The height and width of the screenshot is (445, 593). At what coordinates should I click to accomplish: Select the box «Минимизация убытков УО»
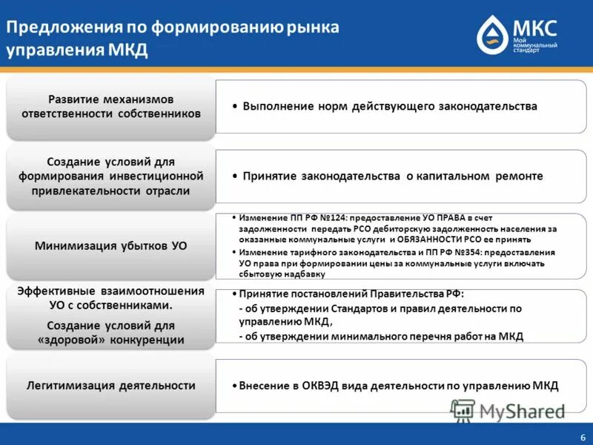(110, 245)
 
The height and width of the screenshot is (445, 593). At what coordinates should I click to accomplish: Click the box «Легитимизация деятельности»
(110, 386)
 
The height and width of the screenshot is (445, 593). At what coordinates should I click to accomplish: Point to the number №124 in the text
(331, 218)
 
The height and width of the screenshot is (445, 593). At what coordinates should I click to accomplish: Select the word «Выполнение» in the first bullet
(276, 107)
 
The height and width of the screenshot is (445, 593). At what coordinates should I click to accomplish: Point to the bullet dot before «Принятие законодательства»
(234, 177)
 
